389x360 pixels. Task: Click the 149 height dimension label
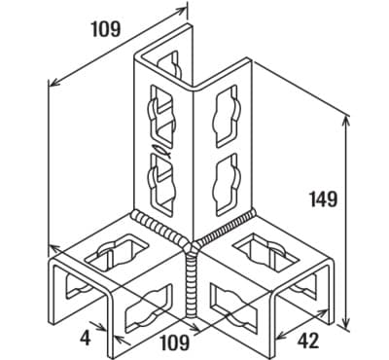pos(323,198)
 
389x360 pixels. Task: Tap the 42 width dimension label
pos(307,341)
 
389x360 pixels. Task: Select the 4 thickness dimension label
pos(86,338)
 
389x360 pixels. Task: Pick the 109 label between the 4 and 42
pos(175,342)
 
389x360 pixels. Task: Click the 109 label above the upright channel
pos(106,28)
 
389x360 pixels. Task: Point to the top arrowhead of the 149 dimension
pos(346,121)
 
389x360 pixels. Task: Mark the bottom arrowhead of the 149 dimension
pos(346,324)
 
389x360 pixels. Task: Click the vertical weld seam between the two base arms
pos(192,285)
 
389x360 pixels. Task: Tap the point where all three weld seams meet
pos(193,246)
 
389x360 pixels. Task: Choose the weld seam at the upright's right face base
pos(226,228)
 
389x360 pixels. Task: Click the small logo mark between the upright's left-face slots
pos(163,150)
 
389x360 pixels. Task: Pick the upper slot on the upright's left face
pos(162,114)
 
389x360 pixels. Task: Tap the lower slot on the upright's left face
pos(162,183)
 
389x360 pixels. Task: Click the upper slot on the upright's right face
pos(227,116)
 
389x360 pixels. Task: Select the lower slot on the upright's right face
pos(227,185)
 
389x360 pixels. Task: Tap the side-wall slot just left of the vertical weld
pos(149,308)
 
